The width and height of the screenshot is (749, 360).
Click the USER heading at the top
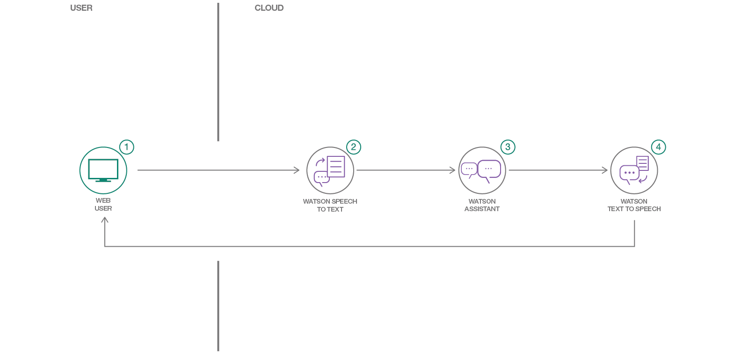81,8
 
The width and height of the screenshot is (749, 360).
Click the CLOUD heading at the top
269,8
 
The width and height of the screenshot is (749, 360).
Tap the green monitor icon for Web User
103,170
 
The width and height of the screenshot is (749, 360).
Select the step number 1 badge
126,147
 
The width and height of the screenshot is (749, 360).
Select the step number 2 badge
354,147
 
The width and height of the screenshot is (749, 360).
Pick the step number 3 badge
508,147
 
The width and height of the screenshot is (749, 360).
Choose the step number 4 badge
658,147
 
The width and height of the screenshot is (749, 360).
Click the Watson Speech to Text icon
330,170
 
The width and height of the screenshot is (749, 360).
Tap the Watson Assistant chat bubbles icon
482,170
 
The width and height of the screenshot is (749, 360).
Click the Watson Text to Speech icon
634,170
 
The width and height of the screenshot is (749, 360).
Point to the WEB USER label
103,205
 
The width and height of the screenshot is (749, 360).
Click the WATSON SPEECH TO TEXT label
330,205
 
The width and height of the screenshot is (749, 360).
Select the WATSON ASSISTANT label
482,205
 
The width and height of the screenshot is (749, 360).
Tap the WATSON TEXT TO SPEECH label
634,205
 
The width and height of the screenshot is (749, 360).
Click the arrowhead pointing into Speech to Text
297,170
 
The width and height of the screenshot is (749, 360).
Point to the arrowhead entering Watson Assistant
452,170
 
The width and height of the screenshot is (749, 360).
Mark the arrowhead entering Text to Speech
605,170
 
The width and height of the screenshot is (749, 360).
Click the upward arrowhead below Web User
105,220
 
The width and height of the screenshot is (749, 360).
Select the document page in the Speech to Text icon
336,166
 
